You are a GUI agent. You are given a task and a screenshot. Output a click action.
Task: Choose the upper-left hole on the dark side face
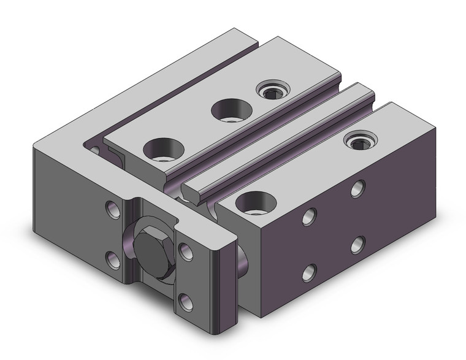[x=310, y=216]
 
